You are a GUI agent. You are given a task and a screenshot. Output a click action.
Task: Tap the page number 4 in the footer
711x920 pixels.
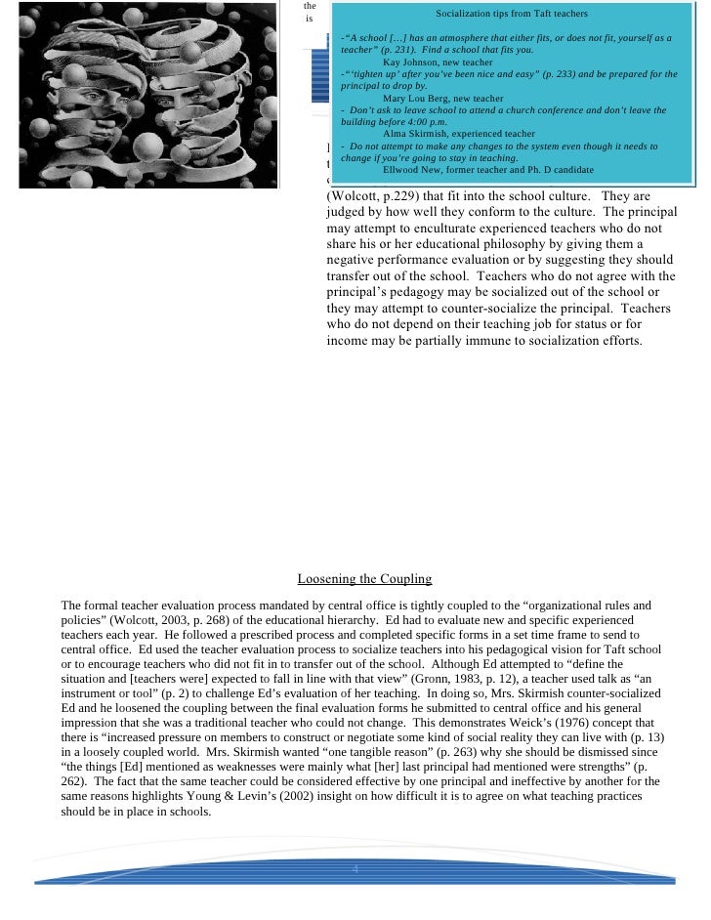click(355, 868)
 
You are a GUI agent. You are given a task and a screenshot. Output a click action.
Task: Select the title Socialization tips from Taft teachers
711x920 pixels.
click(511, 16)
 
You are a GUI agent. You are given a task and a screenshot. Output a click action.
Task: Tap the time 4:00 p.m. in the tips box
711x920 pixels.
click(426, 122)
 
